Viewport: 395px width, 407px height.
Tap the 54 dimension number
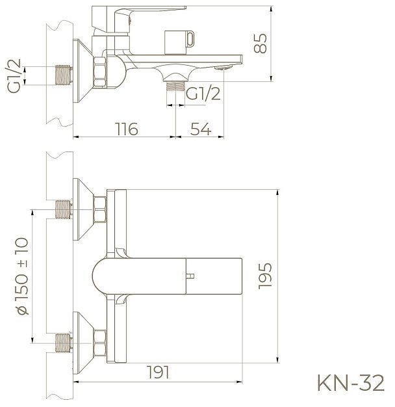pos(201,128)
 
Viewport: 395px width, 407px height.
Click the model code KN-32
pos(350,383)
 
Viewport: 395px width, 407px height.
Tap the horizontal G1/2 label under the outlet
pos(201,95)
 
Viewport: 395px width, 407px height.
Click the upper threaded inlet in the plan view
pos(63,211)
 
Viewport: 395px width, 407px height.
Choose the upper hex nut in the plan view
pos(101,211)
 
